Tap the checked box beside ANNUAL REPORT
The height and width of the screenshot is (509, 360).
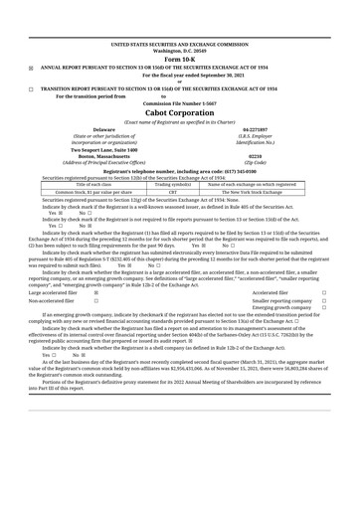coord(31,68)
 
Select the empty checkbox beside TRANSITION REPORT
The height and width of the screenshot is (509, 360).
coord(31,88)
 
